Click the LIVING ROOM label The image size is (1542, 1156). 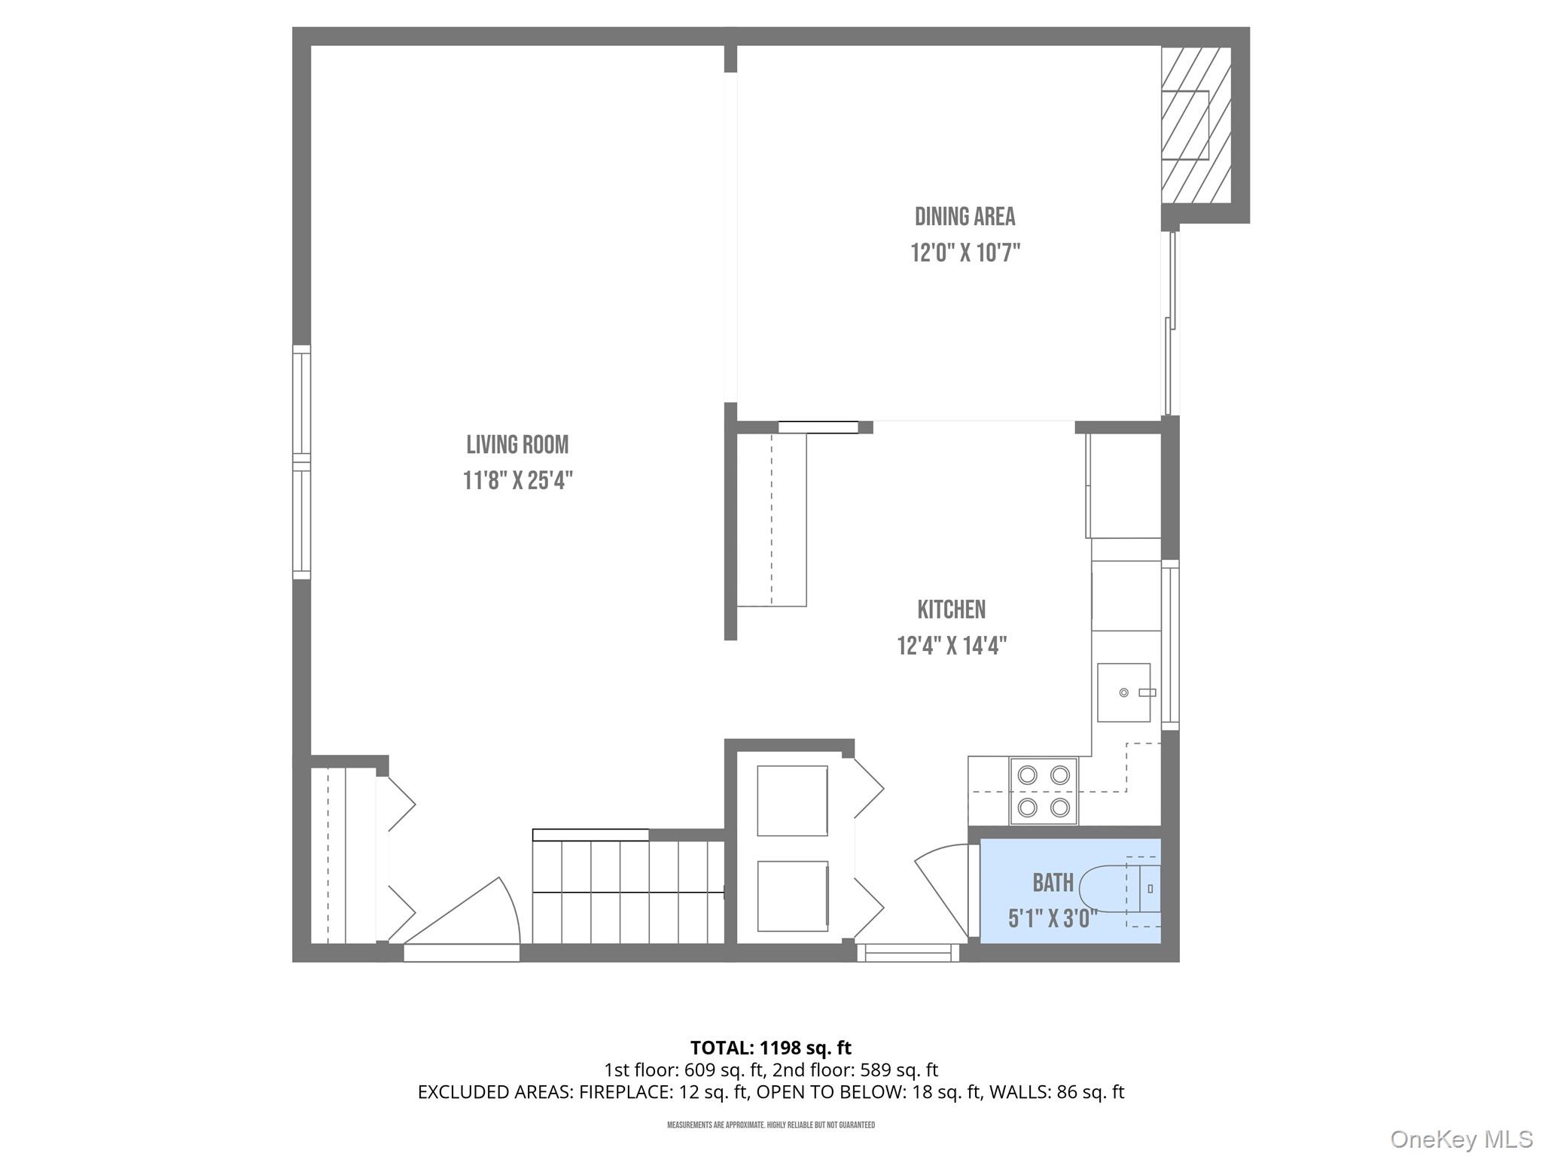tap(517, 445)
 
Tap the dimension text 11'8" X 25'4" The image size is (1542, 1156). tap(518, 480)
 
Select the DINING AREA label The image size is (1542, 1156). tap(965, 217)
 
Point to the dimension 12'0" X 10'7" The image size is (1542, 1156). tap(965, 252)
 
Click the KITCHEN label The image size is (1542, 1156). tap(951, 610)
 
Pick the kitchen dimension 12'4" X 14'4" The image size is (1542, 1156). tap(952, 646)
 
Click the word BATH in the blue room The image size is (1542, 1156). tap(1053, 882)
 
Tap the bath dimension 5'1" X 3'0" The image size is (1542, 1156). tap(1052, 918)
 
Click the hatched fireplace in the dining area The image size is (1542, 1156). tap(1195, 125)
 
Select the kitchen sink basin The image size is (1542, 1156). tap(1123, 692)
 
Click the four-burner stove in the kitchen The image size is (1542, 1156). tap(1044, 791)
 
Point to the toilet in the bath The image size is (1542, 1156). tap(1114, 890)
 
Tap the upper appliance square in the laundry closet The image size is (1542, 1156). tap(792, 801)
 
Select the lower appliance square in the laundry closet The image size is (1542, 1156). tap(792, 896)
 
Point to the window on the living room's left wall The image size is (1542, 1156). tap(301, 462)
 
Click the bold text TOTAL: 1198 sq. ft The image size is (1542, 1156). tap(770, 1048)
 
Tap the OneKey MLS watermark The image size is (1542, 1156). tap(1461, 1139)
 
